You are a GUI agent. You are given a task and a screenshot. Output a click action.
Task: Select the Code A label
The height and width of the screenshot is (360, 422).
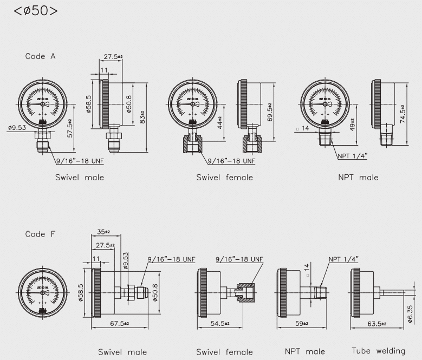coord(40,56)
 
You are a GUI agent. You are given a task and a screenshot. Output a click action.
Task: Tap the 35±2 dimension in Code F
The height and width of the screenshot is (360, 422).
coord(103,231)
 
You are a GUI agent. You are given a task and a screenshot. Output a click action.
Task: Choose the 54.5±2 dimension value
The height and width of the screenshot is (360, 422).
coord(219,323)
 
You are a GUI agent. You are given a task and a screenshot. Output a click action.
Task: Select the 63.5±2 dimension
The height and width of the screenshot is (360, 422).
coord(376,323)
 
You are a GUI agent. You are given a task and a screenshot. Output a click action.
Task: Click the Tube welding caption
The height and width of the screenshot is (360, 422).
coord(378,351)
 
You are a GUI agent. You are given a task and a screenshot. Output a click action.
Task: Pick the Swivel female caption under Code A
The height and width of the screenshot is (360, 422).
coord(224,177)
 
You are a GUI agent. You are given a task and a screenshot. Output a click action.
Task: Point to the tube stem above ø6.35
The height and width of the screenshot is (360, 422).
coord(393,293)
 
